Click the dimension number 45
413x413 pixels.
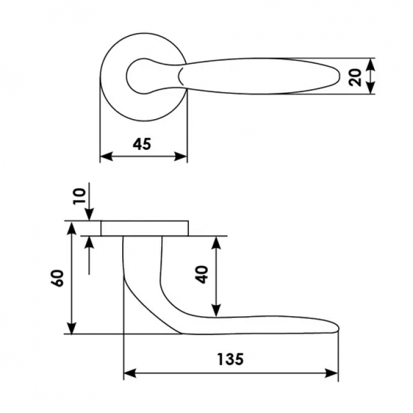tap(142, 143)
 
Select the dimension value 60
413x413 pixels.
tap(58, 278)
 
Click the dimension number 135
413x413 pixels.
tap(230, 359)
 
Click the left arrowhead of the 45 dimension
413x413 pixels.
tap(105, 156)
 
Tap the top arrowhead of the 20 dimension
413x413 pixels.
tap(371, 63)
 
